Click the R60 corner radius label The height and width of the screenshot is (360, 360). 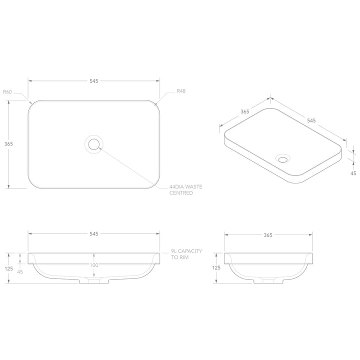7,92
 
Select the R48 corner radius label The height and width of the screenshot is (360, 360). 181,92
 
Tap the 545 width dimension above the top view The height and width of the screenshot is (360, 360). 93,80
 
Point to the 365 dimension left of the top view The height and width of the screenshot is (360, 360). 8,143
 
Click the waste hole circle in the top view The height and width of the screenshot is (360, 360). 93,144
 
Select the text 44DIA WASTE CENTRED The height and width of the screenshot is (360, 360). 185,189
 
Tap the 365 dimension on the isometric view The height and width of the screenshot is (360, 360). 244,112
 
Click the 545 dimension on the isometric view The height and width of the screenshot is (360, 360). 311,120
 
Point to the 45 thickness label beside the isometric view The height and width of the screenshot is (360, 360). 353,173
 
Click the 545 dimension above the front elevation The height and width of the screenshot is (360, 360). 93,234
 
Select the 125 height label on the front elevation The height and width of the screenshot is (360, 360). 8,268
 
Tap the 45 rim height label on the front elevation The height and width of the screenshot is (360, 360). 20,272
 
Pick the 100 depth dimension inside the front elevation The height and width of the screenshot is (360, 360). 94,265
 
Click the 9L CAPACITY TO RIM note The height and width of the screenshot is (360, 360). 185,254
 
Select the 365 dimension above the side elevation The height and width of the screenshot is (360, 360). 268,234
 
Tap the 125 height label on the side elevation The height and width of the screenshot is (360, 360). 216,268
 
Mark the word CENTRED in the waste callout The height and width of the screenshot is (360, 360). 181,193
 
